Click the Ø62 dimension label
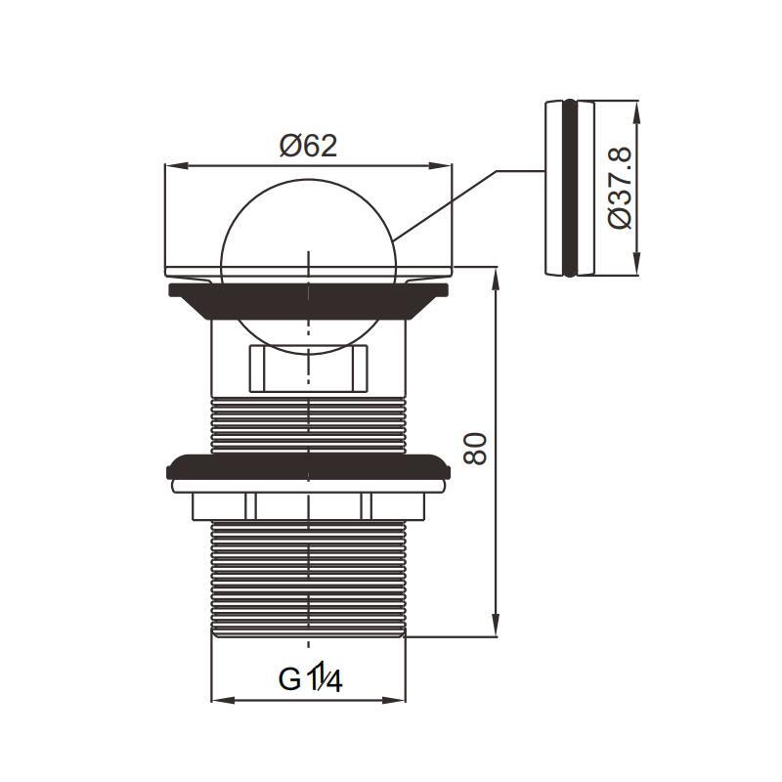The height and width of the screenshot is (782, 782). (308, 146)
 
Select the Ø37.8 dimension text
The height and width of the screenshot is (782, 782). (620, 188)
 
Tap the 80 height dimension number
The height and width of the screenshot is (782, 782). (475, 449)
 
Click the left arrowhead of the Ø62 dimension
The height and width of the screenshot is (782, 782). (177, 165)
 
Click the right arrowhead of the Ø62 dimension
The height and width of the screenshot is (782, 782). (440, 165)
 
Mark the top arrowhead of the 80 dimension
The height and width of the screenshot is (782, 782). (496, 279)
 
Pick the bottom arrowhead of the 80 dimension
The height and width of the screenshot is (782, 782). (496, 626)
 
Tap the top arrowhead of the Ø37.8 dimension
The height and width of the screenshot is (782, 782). (636, 112)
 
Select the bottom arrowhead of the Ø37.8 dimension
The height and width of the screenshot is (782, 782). (636, 264)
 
